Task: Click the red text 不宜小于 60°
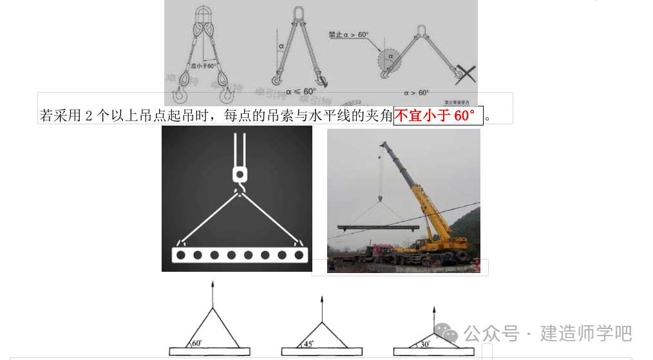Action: [438, 116]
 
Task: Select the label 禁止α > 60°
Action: [348, 34]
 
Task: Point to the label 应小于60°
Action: [203, 66]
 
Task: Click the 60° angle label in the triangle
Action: [197, 343]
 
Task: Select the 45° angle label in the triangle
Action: [308, 344]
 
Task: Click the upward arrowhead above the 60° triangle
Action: [213, 283]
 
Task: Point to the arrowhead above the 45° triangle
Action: [322, 299]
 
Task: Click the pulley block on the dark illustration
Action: [239, 174]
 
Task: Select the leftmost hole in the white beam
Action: [182, 255]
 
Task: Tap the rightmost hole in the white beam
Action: [299, 255]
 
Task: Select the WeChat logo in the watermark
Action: [447, 333]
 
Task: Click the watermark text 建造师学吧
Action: [586, 334]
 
